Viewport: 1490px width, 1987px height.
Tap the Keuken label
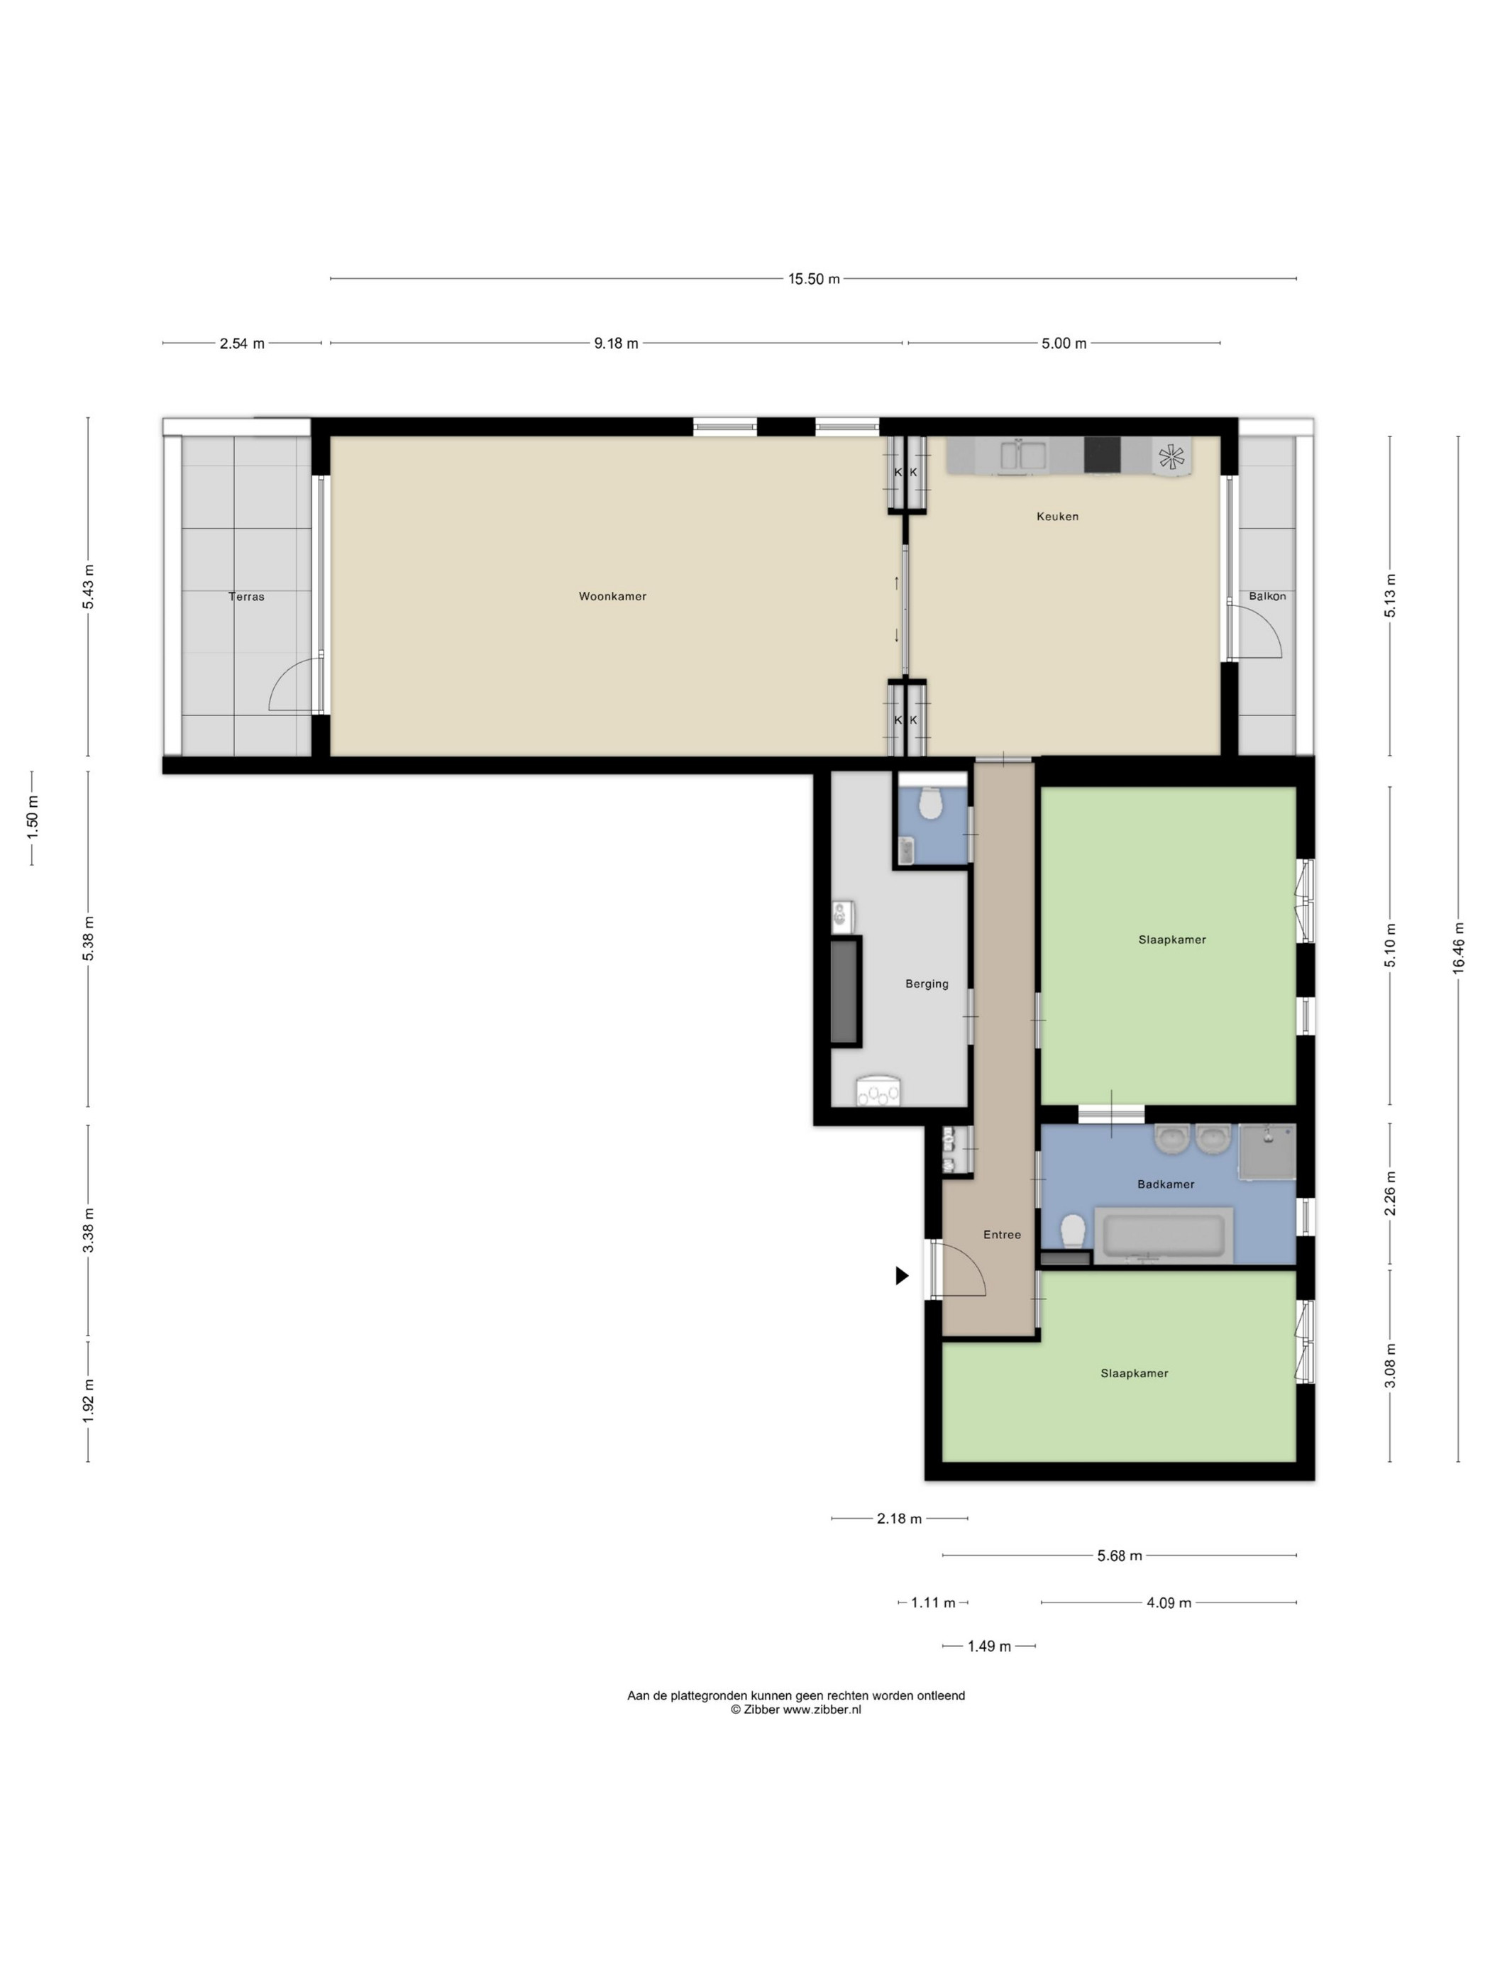1057,517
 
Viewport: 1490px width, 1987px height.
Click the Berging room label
927,984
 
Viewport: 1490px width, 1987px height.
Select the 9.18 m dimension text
616,343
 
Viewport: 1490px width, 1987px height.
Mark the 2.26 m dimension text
1389,1194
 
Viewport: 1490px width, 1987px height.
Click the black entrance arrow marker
902,1275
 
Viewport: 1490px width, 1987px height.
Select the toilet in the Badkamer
1072,1231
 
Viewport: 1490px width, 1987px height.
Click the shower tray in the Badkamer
1267,1151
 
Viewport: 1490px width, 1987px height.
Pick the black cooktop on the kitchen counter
1102,455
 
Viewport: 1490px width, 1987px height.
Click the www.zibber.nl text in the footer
822,1710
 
